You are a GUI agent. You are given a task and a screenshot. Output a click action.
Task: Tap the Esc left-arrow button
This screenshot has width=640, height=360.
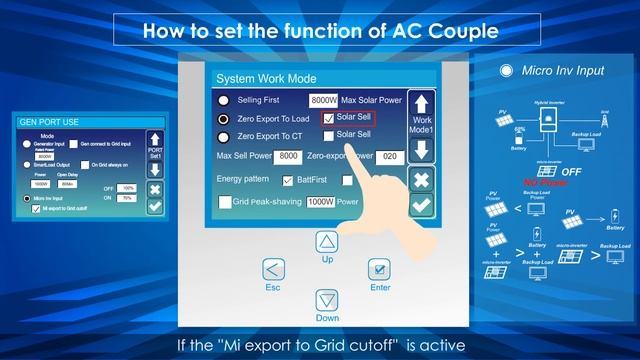[273, 270]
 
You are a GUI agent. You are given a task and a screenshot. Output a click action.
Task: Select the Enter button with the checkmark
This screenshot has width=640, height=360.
[379, 270]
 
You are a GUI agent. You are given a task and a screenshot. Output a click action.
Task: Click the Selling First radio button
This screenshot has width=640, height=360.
[225, 101]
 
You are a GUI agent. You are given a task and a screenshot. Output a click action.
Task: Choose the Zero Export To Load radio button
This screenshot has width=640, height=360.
[225, 118]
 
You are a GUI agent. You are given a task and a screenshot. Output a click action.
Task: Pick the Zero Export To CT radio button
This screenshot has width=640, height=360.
[225, 135]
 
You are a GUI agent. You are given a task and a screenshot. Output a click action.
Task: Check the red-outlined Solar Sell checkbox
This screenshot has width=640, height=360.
[330, 118]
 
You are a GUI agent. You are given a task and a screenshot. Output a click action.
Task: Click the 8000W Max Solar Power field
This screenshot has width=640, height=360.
[323, 101]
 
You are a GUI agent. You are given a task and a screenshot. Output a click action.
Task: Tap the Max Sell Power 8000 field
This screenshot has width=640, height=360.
[289, 157]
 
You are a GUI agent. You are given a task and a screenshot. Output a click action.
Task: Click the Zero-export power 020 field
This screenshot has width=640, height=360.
[390, 157]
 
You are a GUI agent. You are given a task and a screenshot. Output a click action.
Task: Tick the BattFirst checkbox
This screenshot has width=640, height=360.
[290, 180]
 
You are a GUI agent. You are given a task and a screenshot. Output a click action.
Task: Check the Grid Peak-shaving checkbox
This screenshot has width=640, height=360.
[226, 202]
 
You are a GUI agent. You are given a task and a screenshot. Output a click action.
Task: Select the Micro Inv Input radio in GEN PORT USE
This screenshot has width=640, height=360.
[24, 199]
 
